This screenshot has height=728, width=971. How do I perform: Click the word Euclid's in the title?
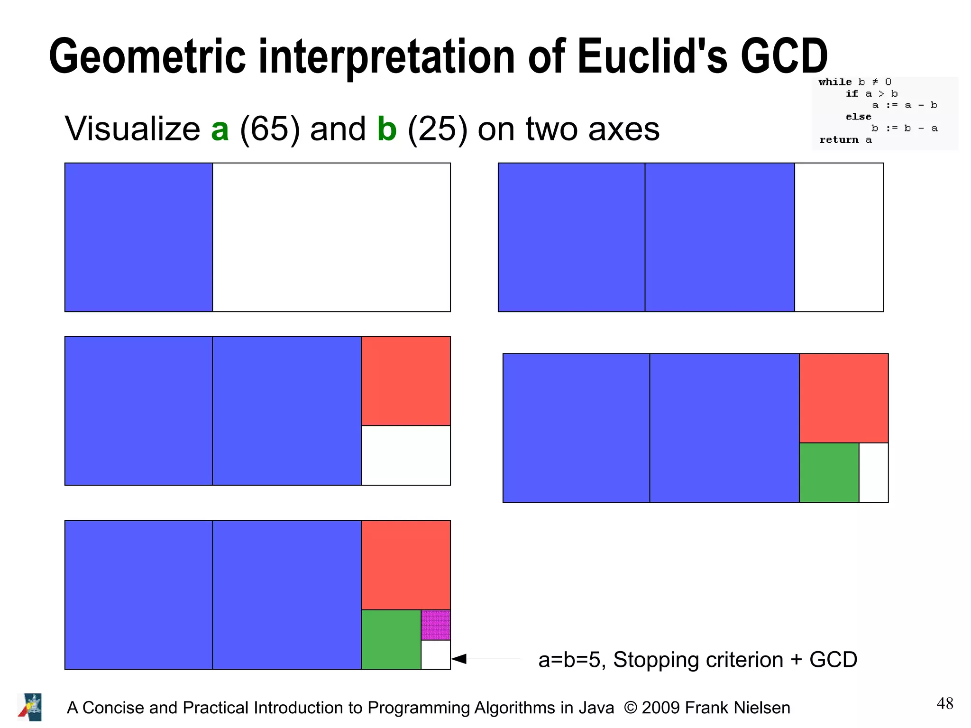coord(651,57)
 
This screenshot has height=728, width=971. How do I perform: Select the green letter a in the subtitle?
coord(220,129)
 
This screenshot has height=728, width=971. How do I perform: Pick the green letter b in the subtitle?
coord(387,129)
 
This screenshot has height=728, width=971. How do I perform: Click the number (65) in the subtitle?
coord(270,129)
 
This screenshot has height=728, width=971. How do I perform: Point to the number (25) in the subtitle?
coord(437,129)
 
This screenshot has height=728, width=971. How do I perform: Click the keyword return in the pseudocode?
coord(839,140)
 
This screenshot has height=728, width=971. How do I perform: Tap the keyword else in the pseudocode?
coord(858,117)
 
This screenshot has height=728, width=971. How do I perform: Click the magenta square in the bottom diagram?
coord(436,625)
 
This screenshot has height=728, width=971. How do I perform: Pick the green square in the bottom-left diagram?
coord(391,639)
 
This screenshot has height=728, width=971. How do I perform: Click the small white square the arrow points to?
coord(436,655)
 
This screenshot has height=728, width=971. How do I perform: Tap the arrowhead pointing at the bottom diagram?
coord(459,659)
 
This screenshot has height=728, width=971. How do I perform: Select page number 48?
coord(944,703)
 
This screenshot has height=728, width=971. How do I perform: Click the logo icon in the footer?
coord(30,707)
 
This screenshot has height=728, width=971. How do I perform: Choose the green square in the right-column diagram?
coord(829,472)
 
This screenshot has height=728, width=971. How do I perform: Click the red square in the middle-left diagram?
coord(406,381)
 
